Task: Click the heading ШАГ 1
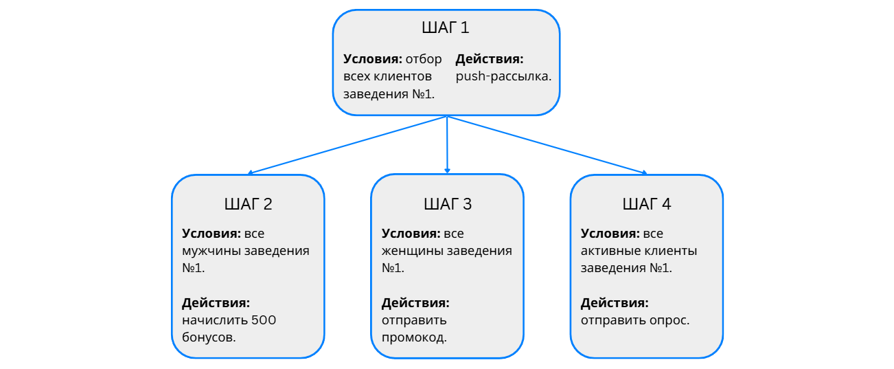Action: coord(446,28)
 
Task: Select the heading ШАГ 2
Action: coord(248,204)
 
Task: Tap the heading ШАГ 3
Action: coord(447,204)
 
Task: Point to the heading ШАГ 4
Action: coord(646,204)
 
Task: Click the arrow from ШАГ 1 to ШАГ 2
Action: coord(347,145)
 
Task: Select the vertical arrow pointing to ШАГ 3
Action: coord(447,145)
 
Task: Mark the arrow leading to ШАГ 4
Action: coord(547,145)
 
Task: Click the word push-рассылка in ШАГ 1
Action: coord(503,76)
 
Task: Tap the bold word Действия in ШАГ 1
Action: coord(489,58)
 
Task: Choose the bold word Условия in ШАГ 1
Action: coord(373,58)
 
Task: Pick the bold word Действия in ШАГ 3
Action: coord(415,302)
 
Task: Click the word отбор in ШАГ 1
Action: coord(424,58)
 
